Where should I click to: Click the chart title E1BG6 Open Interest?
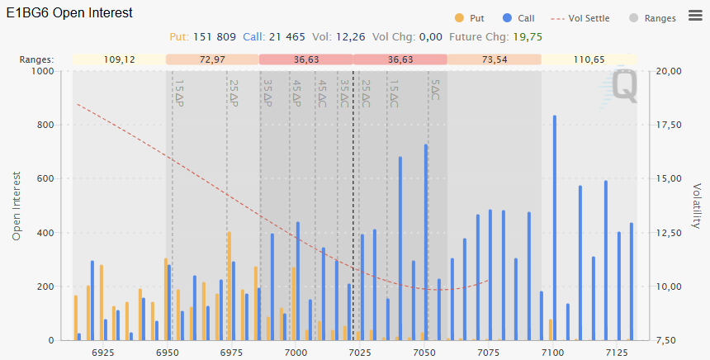point(69,14)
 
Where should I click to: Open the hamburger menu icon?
point(693,17)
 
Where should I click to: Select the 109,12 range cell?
point(119,59)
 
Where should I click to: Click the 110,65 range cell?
point(588,59)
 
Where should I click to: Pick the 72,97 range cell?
point(212,59)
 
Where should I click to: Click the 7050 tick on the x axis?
point(424,353)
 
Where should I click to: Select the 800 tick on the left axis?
point(42,126)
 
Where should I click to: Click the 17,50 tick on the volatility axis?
point(670,126)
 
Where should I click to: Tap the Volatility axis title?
point(697,206)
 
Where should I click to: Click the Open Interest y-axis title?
point(17,206)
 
